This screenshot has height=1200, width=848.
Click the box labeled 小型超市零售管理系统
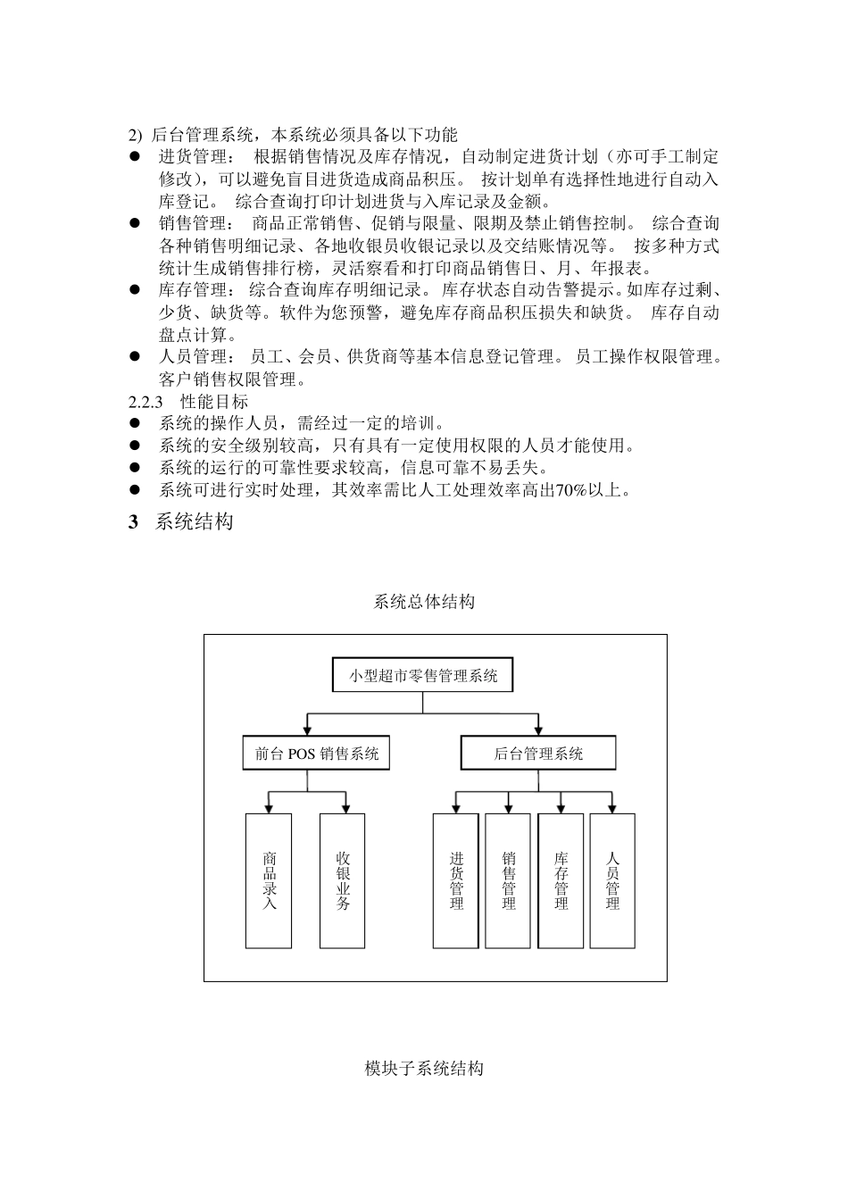(423, 676)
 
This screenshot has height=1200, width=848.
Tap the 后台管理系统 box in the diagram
(538, 753)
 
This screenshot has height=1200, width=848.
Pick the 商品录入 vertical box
(269, 880)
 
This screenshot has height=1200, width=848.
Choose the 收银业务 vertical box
(343, 880)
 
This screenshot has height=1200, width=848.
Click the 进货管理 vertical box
(456, 880)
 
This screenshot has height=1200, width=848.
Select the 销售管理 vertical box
(508, 880)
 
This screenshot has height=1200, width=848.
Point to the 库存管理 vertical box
(561, 880)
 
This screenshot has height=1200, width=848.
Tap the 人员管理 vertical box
(612, 880)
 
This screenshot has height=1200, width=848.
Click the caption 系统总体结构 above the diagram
(424, 602)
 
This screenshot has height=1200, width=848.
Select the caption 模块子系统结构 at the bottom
(424, 1068)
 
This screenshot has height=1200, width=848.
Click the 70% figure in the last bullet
(571, 490)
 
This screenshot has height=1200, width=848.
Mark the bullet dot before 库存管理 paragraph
(136, 290)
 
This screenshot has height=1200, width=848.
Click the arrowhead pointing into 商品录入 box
(269, 809)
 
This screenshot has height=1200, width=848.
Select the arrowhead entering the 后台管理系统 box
(538, 731)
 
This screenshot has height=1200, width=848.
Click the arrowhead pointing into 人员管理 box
(612, 809)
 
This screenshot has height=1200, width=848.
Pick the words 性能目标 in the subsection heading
(214, 402)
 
